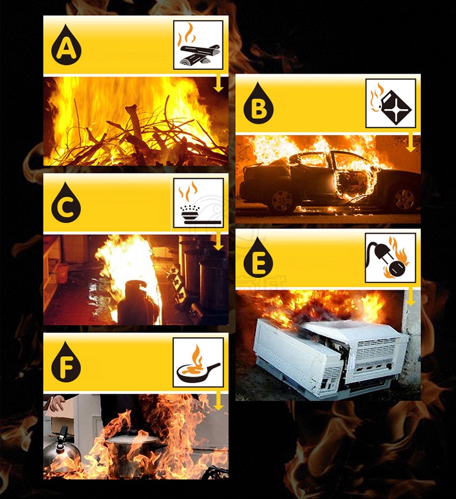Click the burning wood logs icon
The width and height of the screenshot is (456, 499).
tap(198, 46)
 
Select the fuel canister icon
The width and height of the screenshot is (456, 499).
tap(391, 103)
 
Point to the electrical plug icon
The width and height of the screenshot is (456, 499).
tap(390, 258)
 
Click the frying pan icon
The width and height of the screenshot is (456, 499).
tap(198, 362)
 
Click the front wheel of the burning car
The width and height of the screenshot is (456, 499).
tap(404, 199)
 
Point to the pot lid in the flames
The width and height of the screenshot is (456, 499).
tap(132, 441)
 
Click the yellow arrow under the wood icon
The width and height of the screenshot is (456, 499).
tap(218, 83)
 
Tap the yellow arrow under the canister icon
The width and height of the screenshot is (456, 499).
tap(410, 142)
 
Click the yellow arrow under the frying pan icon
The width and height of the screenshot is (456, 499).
tap(218, 401)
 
